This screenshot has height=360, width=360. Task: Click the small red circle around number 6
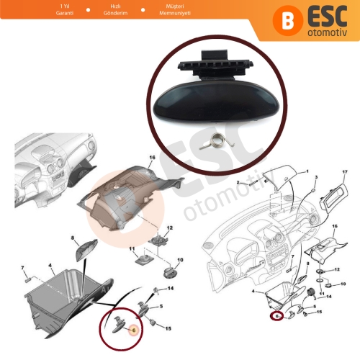point(276,315)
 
